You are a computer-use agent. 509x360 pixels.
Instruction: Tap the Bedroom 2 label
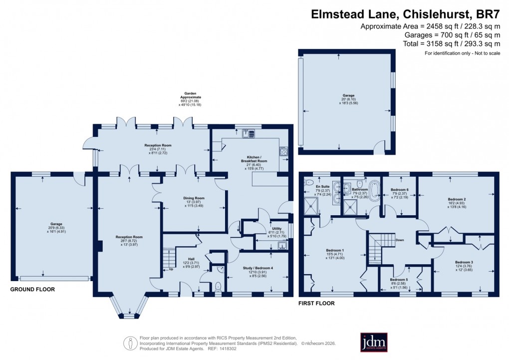coord(457,199)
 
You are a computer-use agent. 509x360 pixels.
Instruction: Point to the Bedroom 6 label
coord(400,190)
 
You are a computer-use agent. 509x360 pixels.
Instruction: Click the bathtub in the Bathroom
coord(374,190)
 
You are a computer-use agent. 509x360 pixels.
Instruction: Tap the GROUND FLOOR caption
coord(33,289)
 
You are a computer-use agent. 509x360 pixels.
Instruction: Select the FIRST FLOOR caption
coord(316,303)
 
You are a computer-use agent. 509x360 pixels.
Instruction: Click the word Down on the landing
coord(400,240)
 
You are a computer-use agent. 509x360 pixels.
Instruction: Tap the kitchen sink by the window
coord(248,133)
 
